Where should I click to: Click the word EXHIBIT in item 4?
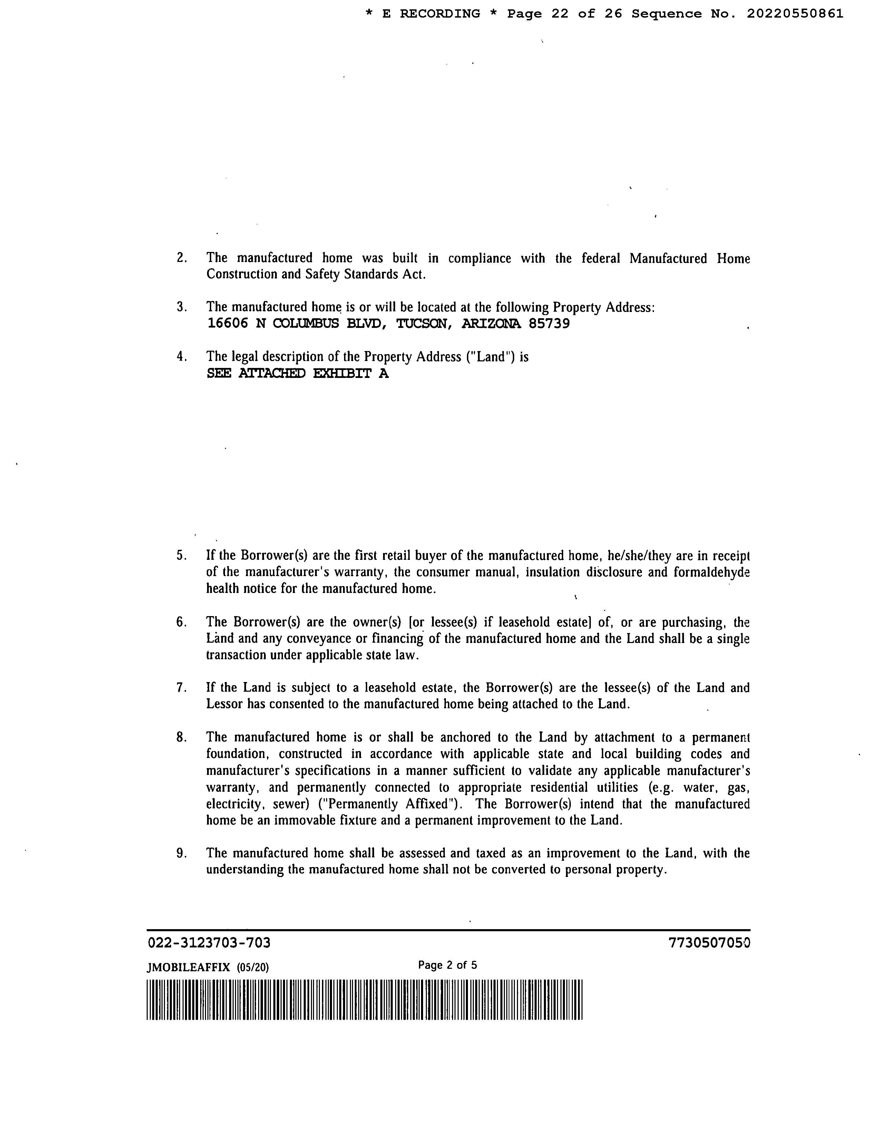tap(342, 373)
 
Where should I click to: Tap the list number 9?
tap(181, 853)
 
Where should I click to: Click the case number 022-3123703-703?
tap(209, 943)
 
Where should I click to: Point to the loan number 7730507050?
tap(709, 943)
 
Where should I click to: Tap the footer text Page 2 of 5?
tap(447, 965)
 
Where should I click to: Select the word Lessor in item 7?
tap(225, 704)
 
